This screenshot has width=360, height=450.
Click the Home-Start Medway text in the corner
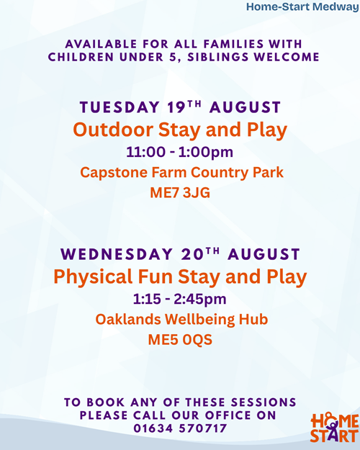(x=303, y=7)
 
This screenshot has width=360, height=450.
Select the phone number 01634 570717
(x=180, y=428)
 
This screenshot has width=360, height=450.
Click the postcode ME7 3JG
(x=180, y=192)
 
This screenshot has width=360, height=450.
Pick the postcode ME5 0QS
(x=180, y=340)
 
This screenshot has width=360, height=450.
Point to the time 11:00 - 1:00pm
(x=180, y=152)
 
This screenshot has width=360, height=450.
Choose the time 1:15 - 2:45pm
(x=180, y=300)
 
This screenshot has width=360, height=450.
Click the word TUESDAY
(x=120, y=107)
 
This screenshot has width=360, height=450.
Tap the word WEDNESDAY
(x=117, y=255)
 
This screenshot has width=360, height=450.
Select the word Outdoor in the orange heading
(x=113, y=130)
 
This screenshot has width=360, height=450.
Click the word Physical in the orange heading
(x=93, y=277)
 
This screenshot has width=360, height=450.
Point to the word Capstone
(x=114, y=173)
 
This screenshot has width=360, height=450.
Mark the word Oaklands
(x=128, y=320)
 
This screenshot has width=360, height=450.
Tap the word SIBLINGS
(x=218, y=57)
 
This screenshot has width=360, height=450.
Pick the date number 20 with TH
(x=200, y=253)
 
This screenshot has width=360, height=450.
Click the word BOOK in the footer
(x=106, y=402)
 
